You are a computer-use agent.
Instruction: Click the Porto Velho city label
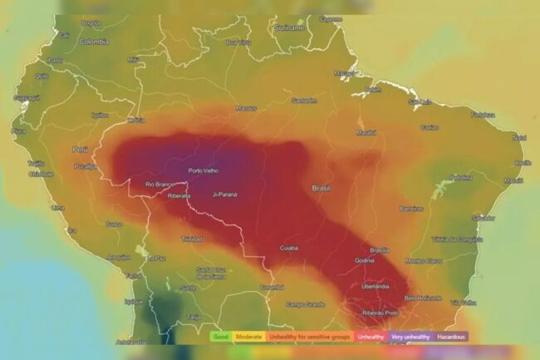pos(204,170)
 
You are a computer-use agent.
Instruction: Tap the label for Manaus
pos(246,107)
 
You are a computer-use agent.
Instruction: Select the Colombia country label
pos(93,41)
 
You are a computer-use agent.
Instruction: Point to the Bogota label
pos(91,22)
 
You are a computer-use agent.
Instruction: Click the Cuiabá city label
pos(289,247)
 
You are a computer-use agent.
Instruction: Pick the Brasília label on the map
pos(380,249)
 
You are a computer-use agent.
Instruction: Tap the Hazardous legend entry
pos(451,337)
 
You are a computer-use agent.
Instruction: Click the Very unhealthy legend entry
pos(410,337)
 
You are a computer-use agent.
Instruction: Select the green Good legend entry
pos(220,337)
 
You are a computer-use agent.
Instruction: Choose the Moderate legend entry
pos(248,337)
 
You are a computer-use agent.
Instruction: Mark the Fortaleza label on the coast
pos(483,115)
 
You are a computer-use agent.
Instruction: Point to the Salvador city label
pos(484,217)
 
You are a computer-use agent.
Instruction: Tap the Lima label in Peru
pos(57,207)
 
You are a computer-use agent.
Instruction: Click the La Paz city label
pos(157,258)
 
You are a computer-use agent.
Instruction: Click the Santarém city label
pos(304,101)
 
